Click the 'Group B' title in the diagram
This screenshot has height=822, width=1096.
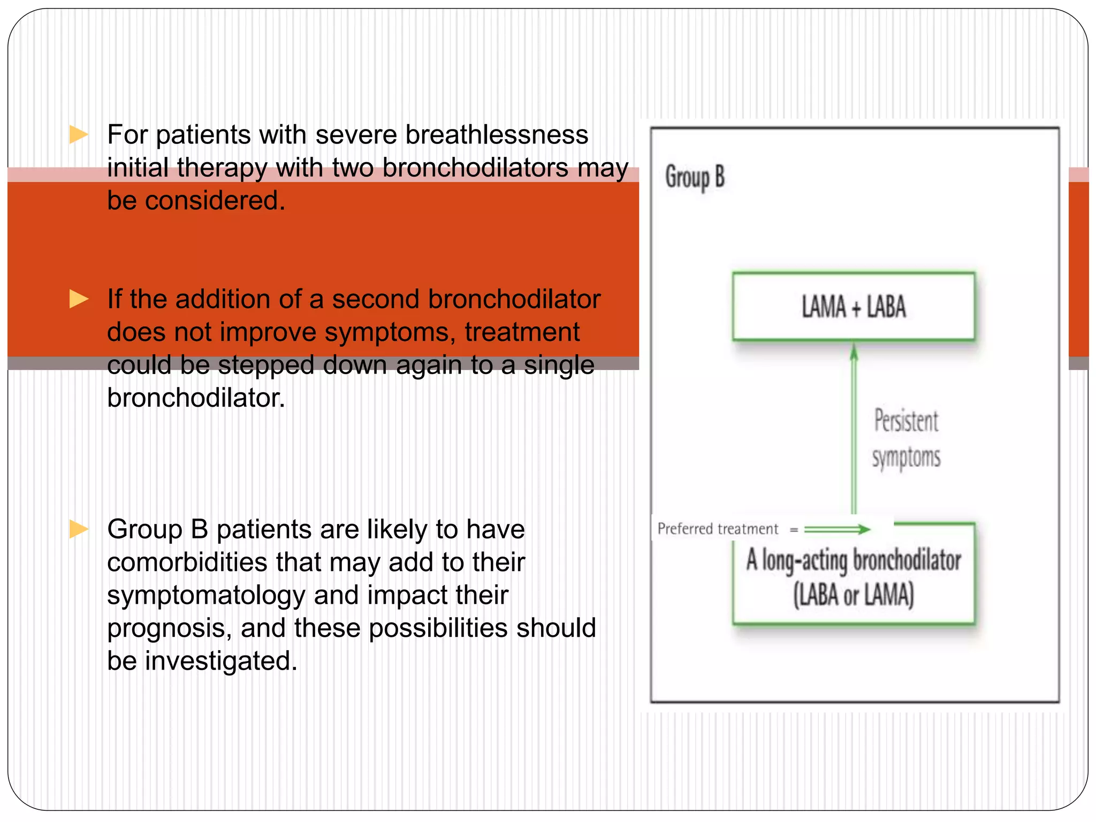[x=695, y=178]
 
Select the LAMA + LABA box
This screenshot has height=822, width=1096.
[x=854, y=307]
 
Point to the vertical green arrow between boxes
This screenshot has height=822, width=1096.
[x=854, y=428]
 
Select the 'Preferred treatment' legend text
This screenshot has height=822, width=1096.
[x=718, y=529]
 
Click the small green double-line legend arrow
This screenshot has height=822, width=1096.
[x=837, y=529]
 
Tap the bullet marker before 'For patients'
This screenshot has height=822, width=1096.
[x=79, y=135]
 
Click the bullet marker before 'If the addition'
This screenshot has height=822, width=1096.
[x=79, y=299]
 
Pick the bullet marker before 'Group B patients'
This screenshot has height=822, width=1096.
[x=79, y=529]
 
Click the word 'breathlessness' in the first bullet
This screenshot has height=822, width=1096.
[x=496, y=135]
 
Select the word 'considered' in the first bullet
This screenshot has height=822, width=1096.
[x=214, y=201]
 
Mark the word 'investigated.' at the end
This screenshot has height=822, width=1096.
[x=220, y=661]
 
